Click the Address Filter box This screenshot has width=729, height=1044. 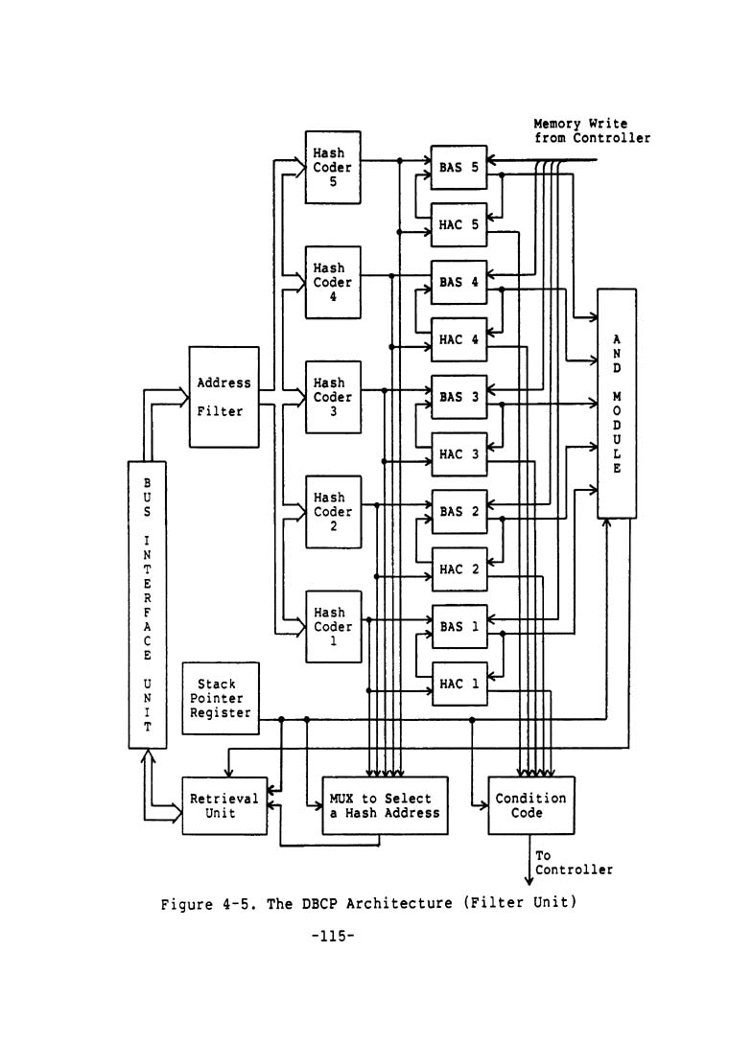click(x=223, y=397)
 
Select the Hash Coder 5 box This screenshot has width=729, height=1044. click(x=333, y=167)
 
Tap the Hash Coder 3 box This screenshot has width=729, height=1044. click(x=333, y=397)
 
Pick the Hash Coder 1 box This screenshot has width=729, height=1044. click(x=333, y=627)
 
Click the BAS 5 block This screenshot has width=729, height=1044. click(x=459, y=167)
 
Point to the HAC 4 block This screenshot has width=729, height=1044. click(x=459, y=339)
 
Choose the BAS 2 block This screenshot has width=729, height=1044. click(x=459, y=512)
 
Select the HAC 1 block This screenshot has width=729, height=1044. click(x=459, y=684)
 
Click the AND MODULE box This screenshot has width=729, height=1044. click(x=617, y=403)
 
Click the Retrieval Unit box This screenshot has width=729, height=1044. click(x=223, y=805)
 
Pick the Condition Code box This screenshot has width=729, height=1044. click(x=530, y=805)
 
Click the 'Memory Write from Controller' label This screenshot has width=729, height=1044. click(x=591, y=131)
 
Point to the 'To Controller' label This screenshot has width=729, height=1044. click(x=573, y=863)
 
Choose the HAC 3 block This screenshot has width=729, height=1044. click(x=459, y=454)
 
